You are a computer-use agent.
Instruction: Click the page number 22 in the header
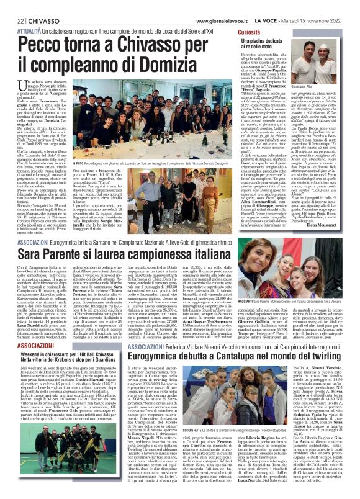tap(12, 6)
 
